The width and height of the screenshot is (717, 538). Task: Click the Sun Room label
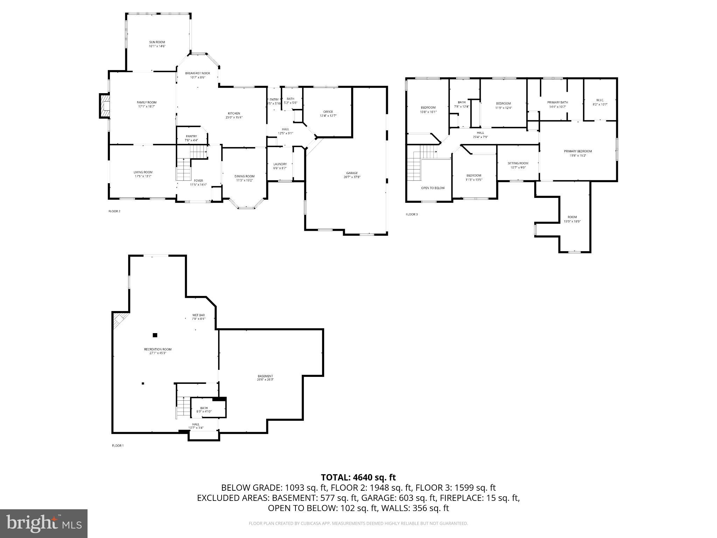click(x=157, y=42)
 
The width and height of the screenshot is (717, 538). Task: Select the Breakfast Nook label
click(x=198, y=73)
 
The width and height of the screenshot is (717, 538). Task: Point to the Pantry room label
click(x=191, y=136)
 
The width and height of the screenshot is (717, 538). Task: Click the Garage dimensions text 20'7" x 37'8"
click(x=352, y=177)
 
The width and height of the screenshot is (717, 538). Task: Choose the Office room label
click(x=328, y=112)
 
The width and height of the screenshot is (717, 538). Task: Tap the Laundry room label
click(x=280, y=164)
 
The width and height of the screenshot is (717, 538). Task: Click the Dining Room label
click(x=244, y=176)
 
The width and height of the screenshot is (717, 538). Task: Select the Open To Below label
click(x=433, y=188)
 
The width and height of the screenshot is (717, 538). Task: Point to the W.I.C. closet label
click(x=600, y=100)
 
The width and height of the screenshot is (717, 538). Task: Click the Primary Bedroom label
click(x=578, y=151)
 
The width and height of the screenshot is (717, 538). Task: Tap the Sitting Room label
click(x=518, y=163)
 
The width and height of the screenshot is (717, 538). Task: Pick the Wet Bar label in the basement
click(x=199, y=315)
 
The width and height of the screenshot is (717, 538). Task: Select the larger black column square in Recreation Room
click(x=155, y=335)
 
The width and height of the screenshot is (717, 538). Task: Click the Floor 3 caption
click(x=412, y=214)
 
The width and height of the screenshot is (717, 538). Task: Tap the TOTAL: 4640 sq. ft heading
click(x=358, y=477)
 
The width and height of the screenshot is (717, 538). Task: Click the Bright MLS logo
click(x=44, y=523)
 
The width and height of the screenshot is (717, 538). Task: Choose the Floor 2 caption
click(x=114, y=211)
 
